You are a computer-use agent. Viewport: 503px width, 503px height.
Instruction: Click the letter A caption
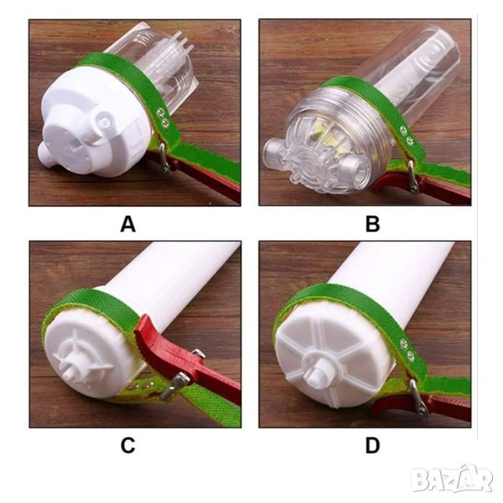pos(128,224)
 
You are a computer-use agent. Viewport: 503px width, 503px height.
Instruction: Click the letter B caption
pos(372,224)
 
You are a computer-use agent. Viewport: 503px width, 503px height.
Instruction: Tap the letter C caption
pos(127,445)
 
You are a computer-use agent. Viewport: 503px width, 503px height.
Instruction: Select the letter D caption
pos(372,445)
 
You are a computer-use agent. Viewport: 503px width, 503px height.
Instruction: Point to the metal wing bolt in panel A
pos(164,158)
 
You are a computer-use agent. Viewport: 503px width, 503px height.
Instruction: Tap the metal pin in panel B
pos(412,176)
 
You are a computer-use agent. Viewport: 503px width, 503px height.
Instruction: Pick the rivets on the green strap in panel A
pos(163,117)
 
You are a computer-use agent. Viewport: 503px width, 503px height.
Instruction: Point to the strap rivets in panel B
pos(406,135)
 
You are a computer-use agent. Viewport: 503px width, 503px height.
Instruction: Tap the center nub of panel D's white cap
pos(314,374)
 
